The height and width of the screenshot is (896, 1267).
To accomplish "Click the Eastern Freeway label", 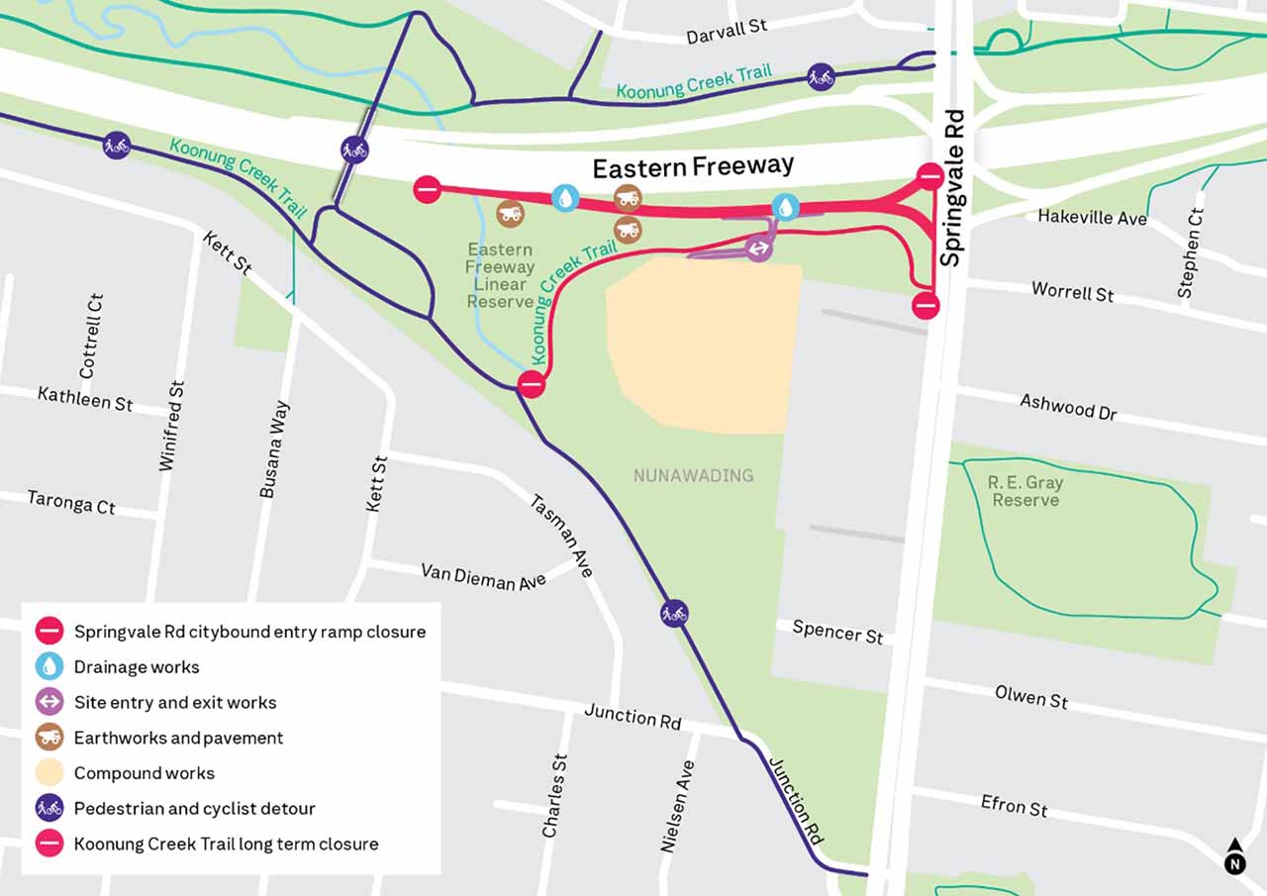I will (x=693, y=168).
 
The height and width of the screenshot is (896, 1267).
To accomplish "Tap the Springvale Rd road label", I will (x=952, y=188).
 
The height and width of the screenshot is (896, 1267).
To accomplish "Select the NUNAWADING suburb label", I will (x=693, y=475).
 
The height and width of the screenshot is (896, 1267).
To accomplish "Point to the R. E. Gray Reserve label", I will (x=1025, y=491).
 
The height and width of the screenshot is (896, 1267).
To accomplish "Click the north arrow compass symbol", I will (x=1234, y=857).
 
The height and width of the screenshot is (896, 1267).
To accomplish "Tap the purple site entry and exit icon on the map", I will (x=759, y=248).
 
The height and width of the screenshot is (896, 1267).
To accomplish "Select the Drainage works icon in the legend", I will (x=49, y=666).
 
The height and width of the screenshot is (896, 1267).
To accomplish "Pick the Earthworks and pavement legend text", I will (x=178, y=738).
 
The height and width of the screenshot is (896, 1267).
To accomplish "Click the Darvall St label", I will (x=727, y=31).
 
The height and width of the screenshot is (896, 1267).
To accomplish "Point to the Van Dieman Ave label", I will (x=483, y=576).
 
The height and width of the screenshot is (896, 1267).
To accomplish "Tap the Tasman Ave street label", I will (x=562, y=536).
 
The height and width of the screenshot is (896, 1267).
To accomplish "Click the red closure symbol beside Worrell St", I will (x=926, y=305).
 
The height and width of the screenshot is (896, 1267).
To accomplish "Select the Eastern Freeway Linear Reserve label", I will (x=500, y=275).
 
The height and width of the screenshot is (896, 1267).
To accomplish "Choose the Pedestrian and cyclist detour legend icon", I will (x=49, y=808).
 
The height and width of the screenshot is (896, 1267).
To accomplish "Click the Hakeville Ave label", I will (x=1092, y=216).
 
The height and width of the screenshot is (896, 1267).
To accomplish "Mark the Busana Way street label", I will (x=275, y=448).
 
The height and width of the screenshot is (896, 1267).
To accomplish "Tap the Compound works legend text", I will (x=145, y=773).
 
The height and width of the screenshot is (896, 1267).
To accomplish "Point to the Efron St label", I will (x=1014, y=805).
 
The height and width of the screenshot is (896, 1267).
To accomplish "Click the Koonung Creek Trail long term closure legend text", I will (x=226, y=844).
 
